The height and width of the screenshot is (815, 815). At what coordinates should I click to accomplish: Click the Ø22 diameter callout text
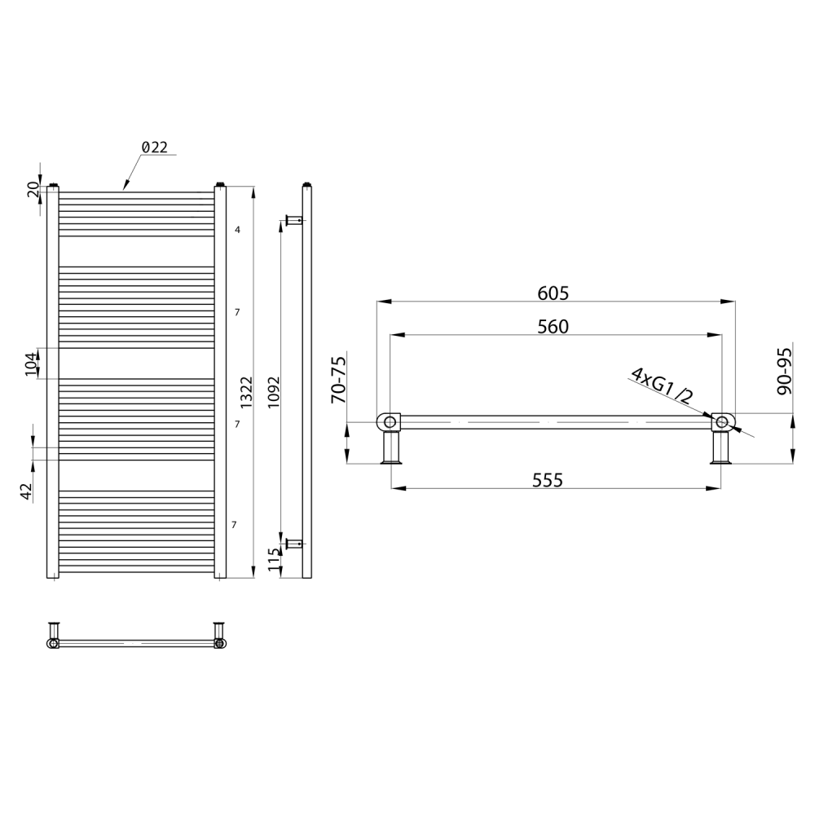[x=155, y=148]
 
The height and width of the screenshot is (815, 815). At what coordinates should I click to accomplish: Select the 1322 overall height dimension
[x=246, y=393]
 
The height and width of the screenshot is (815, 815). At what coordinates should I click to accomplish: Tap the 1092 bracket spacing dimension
[x=274, y=393]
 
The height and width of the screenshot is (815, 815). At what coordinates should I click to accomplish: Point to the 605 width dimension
[x=553, y=293]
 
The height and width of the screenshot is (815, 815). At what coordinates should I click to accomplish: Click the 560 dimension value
[x=553, y=327]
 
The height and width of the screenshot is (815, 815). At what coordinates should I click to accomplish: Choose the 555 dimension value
[x=548, y=480]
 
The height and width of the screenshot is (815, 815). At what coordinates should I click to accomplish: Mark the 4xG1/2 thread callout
[x=662, y=386]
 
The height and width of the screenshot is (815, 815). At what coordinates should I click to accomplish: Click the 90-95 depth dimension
[x=784, y=371]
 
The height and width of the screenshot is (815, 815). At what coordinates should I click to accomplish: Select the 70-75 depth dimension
[x=338, y=380]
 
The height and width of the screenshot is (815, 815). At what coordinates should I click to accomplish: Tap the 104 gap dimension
[x=33, y=363]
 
